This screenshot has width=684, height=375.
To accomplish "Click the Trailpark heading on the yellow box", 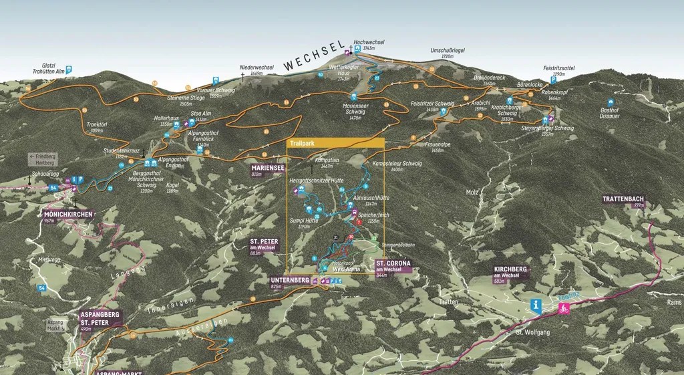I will (303, 143).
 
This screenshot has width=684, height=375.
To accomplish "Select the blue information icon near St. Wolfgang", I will (536, 306).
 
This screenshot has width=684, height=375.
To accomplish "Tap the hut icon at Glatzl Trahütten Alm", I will (69, 69).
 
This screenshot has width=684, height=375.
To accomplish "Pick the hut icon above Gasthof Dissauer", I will (610, 102).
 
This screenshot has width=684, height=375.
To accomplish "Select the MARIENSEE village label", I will (265, 168).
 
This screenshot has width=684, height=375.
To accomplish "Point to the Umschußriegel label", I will (447, 51).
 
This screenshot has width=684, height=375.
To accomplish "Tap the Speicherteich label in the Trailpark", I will (374, 215).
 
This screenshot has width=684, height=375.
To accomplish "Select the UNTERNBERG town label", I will (289, 280).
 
